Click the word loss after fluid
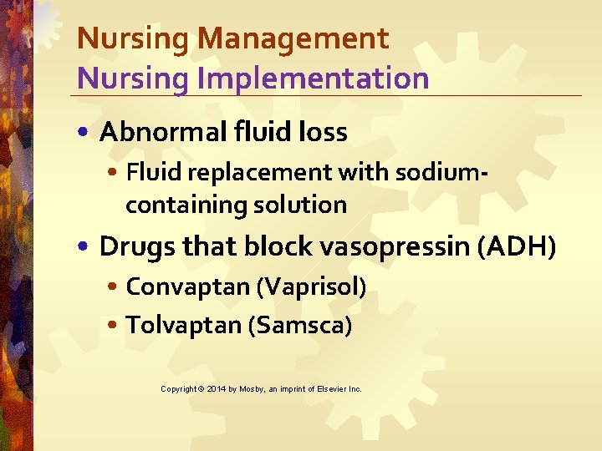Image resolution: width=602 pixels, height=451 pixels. click(319, 132)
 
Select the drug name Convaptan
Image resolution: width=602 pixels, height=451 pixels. click(188, 286)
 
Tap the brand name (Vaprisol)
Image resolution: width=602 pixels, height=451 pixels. click(311, 286)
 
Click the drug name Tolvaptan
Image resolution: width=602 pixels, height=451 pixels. click(184, 325)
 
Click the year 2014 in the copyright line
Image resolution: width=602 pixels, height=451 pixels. click(216, 389)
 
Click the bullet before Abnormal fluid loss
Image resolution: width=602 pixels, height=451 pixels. click(86, 133)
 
